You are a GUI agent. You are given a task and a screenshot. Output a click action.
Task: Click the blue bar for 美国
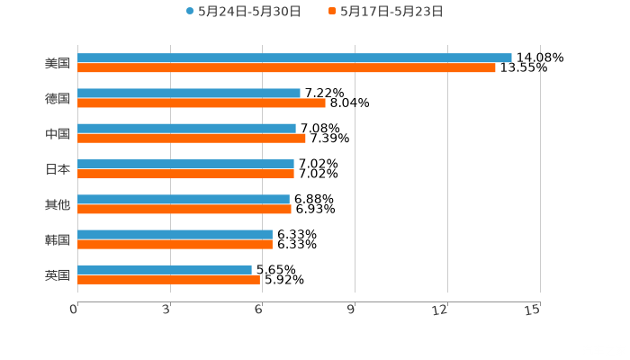click(x=294, y=58)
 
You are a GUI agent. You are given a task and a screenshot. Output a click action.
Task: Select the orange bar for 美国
click(x=286, y=67)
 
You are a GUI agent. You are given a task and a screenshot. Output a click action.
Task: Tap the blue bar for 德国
click(x=189, y=93)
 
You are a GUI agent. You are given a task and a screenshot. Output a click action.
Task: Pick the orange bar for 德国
click(x=202, y=103)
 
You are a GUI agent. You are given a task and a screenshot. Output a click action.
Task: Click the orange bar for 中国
click(x=192, y=138)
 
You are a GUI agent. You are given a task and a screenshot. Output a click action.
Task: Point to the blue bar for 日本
click(x=185, y=164)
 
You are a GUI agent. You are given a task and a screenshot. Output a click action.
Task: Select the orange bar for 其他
click(x=184, y=209)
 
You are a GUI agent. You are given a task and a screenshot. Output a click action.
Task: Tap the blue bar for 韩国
click(x=175, y=234)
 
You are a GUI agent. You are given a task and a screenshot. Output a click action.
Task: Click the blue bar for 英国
click(x=165, y=269)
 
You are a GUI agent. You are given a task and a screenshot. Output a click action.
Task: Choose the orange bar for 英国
click(x=168, y=279)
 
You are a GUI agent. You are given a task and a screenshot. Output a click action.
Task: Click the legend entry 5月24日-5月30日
click(x=243, y=12)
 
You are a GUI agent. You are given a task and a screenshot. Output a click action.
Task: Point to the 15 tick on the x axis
click(x=533, y=310)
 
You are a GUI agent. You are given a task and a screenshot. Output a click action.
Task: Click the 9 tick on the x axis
click(x=352, y=310)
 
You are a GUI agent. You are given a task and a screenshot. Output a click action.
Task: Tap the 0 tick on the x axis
click(x=74, y=310)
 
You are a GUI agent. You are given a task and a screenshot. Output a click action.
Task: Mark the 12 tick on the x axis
click(x=441, y=310)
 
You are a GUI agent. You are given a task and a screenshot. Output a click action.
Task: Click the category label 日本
click(x=58, y=169)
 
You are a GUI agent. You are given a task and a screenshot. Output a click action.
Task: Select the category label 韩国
click(x=58, y=239)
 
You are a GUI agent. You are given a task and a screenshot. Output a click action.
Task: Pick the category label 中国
click(x=58, y=134)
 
